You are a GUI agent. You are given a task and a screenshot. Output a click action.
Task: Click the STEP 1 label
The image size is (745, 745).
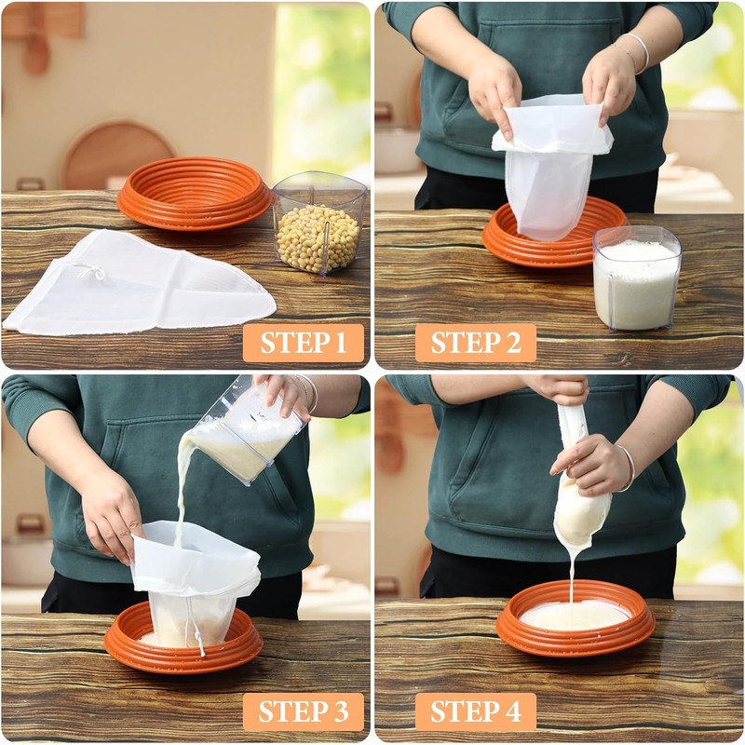[304, 343]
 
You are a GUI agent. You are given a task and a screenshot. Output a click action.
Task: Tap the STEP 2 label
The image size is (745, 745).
[475, 343]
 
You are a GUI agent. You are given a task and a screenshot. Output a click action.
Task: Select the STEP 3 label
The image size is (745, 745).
[304, 711]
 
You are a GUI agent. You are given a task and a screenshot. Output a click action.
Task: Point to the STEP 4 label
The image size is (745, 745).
[475, 711]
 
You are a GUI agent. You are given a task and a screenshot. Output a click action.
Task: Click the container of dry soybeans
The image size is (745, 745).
[318, 228]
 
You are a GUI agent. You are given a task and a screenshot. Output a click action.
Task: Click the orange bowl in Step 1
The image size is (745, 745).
[194, 194]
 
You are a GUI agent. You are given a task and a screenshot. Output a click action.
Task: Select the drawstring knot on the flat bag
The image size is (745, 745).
[90, 271]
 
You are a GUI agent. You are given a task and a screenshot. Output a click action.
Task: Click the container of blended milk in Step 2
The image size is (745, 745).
[637, 279]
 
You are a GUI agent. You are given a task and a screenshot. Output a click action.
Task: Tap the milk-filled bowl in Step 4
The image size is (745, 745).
[576, 618]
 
